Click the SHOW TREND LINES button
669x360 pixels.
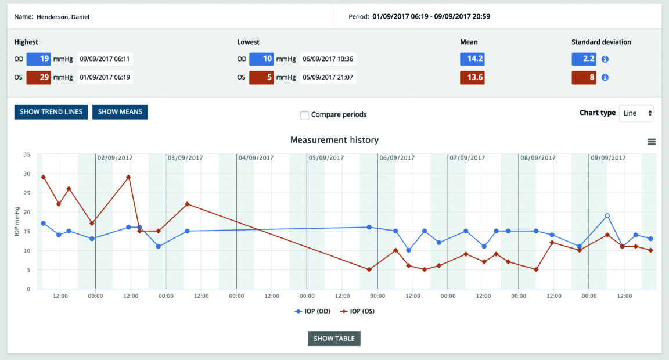52,111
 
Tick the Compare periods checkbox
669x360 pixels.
304,115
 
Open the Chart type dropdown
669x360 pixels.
636,113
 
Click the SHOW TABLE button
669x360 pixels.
334,339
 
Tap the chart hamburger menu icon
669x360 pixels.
651,142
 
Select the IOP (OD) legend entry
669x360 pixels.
313,311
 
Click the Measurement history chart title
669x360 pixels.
334,140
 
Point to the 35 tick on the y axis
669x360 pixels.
27,154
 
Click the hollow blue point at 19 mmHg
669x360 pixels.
607,216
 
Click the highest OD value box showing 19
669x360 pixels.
38,59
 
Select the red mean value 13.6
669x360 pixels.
472,77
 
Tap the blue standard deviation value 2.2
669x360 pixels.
584,59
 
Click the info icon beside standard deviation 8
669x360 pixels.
605,77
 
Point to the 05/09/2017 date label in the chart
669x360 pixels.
326,157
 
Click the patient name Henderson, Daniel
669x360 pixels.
63,17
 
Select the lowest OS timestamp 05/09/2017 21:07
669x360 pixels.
328,77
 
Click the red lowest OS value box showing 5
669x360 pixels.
261,77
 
